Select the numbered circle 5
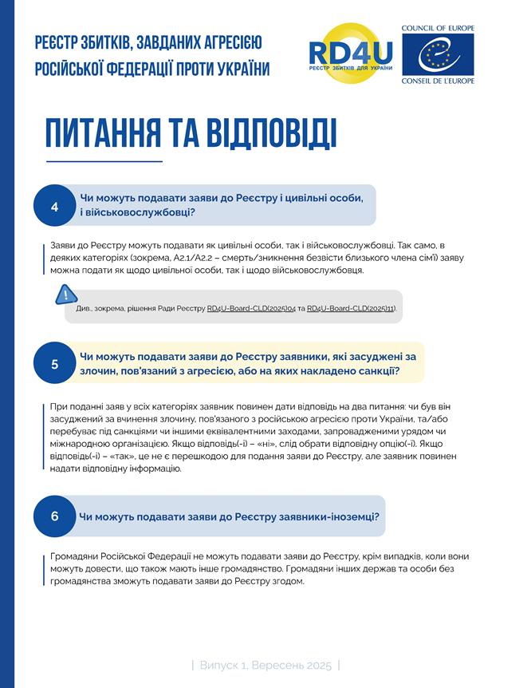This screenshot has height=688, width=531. tap(55, 364)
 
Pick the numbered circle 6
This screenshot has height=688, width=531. tap(55, 516)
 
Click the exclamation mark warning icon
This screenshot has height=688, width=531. tap(62, 296)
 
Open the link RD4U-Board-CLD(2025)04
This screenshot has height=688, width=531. tap(250, 308)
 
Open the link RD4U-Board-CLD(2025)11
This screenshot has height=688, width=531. tap(350, 308)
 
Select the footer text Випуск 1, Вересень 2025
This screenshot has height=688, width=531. tap(265, 664)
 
